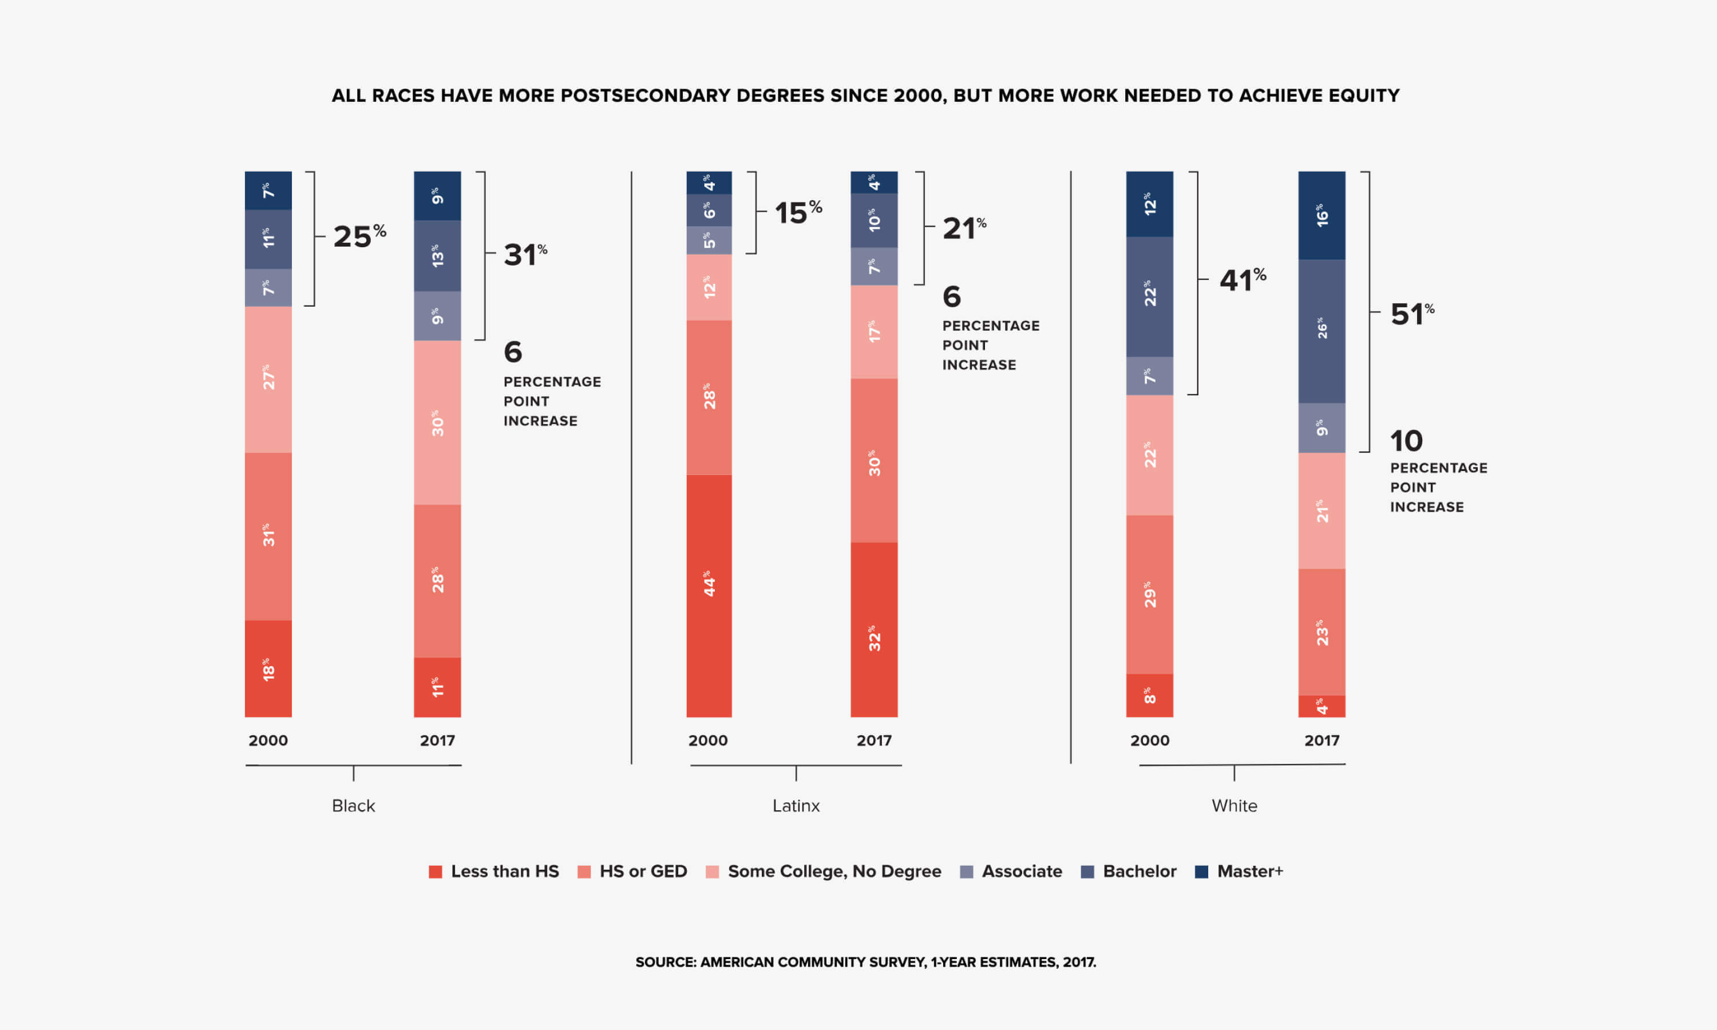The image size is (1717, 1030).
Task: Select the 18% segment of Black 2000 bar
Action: [268, 668]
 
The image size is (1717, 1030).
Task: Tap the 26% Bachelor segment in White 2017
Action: [1322, 331]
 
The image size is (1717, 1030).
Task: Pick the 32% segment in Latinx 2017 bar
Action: [874, 629]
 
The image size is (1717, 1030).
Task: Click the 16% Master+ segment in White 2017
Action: [1322, 215]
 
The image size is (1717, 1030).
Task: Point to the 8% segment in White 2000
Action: [1149, 695]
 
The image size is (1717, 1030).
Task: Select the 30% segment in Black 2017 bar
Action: [437, 422]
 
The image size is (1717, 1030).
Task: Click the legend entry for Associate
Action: [1011, 871]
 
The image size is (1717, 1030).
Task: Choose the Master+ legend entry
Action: [1240, 871]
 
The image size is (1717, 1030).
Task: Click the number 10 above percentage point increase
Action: [1406, 441]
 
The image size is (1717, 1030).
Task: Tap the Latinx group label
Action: [796, 806]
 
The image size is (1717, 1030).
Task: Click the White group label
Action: [1234, 806]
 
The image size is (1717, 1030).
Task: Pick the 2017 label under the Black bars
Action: [437, 740]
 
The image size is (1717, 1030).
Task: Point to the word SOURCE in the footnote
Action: [665, 962]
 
